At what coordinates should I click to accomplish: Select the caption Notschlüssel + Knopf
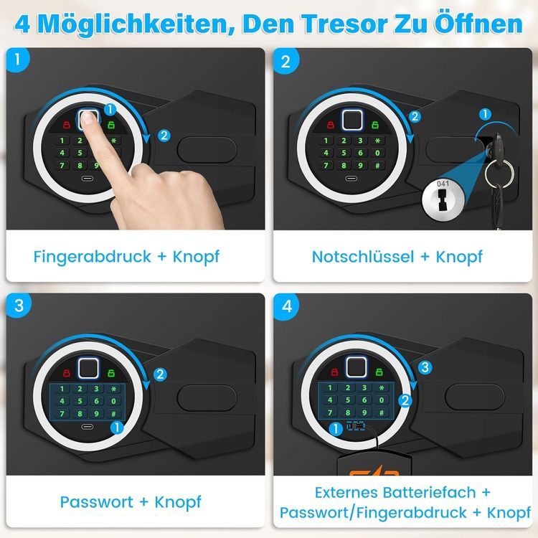(x=397, y=256)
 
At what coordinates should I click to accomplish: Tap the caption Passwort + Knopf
(x=130, y=501)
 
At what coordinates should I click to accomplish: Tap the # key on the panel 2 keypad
(x=378, y=166)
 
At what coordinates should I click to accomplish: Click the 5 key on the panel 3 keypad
(x=80, y=400)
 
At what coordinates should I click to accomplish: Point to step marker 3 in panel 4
(x=425, y=367)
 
